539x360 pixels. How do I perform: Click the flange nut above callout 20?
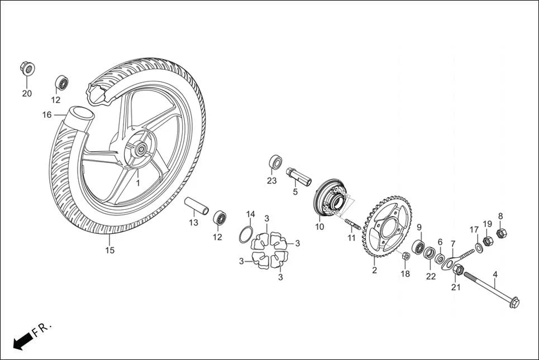[x=27, y=68]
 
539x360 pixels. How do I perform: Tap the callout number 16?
[x=47, y=115]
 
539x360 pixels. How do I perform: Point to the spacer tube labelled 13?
[x=197, y=205]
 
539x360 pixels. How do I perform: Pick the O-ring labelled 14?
[x=246, y=235]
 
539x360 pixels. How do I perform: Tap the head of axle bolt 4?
[x=513, y=303]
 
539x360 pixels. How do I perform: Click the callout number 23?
[x=271, y=180]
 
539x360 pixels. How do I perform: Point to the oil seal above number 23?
[x=275, y=162]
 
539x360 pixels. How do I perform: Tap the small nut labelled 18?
[x=406, y=256]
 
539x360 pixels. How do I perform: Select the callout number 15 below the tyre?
[x=109, y=251]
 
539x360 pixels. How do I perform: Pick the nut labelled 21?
[x=457, y=271]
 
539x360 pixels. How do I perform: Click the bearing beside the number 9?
[x=418, y=247]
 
